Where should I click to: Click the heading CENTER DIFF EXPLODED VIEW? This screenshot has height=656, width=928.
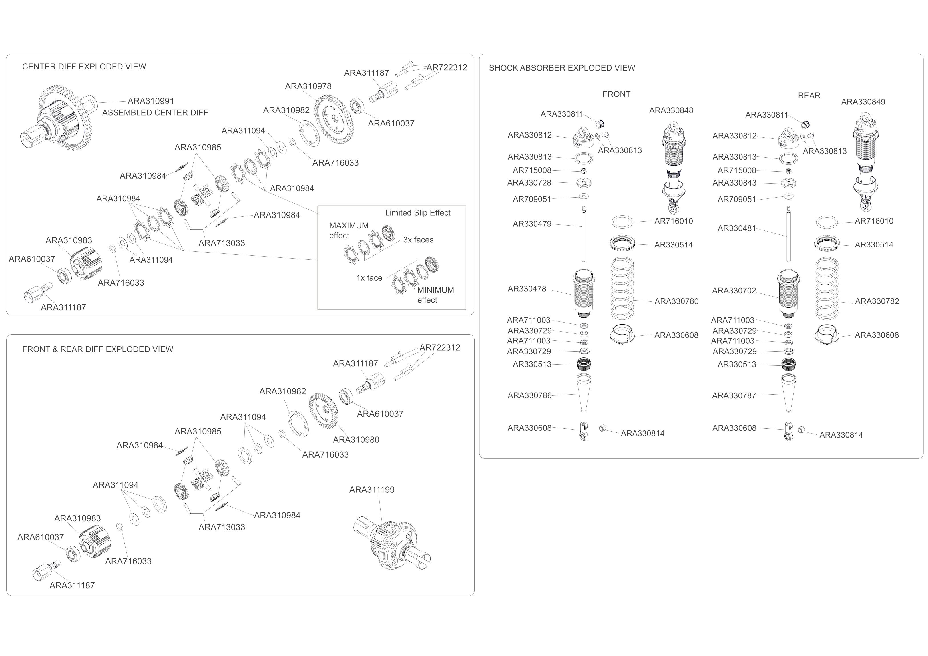click(x=84, y=67)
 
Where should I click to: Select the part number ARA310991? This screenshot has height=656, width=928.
click(x=151, y=101)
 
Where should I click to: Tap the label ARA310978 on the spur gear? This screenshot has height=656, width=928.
click(x=308, y=86)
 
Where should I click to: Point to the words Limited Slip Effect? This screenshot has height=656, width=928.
click(x=417, y=213)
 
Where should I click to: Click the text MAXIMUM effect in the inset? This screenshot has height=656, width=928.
click(x=348, y=230)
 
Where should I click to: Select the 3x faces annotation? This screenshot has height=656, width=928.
click(x=418, y=240)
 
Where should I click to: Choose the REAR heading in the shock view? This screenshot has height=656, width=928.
click(x=809, y=96)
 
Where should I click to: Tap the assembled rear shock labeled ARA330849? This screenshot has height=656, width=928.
click(x=865, y=162)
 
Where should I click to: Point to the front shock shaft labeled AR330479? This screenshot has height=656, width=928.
click(x=584, y=234)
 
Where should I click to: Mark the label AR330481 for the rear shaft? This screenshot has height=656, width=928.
click(x=736, y=229)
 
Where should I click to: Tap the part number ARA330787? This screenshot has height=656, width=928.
click(x=734, y=396)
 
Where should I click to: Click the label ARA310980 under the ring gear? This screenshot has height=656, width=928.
click(x=356, y=440)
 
